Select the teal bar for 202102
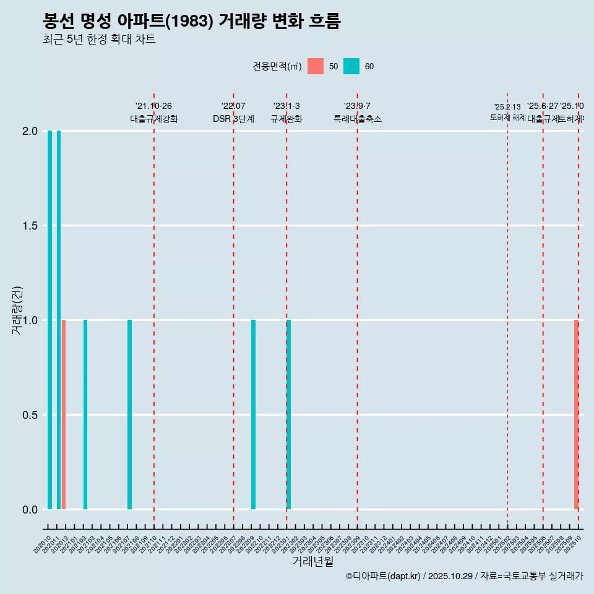(85, 415)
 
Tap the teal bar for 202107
(129, 415)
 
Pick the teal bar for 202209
(253, 415)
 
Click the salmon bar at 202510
(576, 415)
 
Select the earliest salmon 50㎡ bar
(64, 415)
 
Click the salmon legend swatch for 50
(316, 66)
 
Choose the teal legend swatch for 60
(351, 66)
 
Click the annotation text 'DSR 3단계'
(233, 119)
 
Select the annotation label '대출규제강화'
(154, 119)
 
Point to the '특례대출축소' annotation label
(357, 119)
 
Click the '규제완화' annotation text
(286, 119)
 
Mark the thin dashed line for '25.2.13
(507, 309)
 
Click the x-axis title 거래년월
(312, 561)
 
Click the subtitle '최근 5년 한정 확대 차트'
(99, 40)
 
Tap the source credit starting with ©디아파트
(464, 576)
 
